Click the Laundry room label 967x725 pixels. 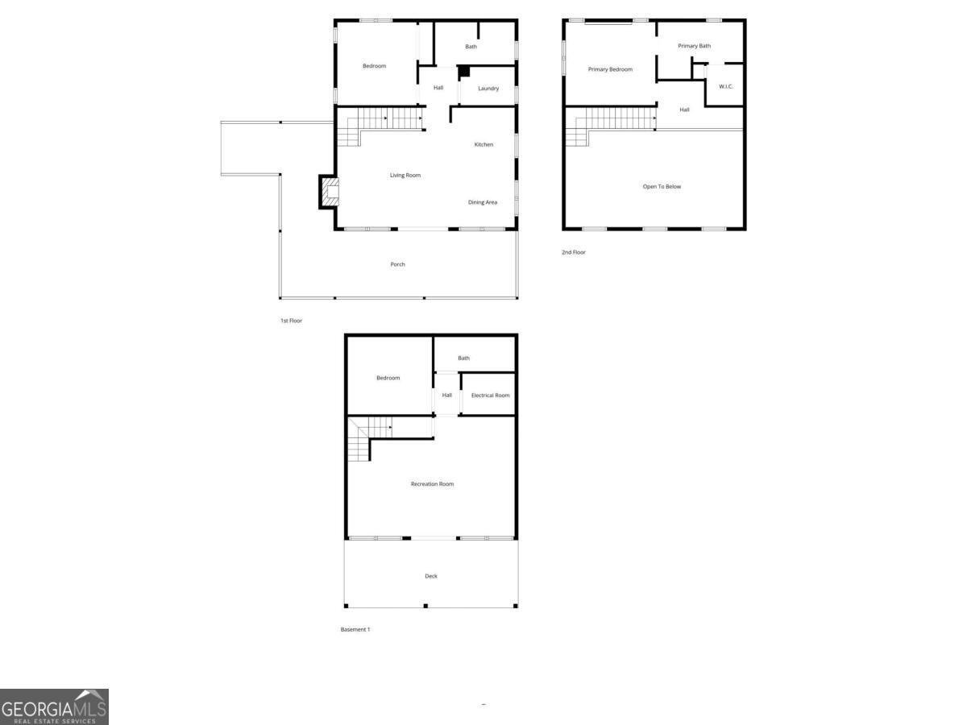(x=488, y=89)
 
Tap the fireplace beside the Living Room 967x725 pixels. (x=329, y=192)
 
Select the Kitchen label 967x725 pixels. (x=483, y=144)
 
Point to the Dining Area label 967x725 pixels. (x=483, y=202)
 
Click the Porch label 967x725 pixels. (x=397, y=264)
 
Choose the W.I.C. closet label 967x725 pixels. (x=725, y=87)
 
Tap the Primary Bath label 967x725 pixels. (x=694, y=46)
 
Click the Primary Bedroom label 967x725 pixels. (x=610, y=69)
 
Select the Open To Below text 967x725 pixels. (x=662, y=187)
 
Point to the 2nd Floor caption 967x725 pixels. (x=574, y=252)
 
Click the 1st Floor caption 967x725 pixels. (x=291, y=321)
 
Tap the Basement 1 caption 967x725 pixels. (x=355, y=629)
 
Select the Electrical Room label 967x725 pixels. (x=490, y=396)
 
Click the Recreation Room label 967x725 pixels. (x=432, y=484)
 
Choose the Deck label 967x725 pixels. (x=431, y=576)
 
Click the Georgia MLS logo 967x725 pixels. (x=54, y=706)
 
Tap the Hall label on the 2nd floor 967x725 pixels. (x=684, y=110)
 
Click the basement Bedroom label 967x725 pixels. (x=388, y=378)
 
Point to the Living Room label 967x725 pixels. (x=405, y=175)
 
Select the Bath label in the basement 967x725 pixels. (x=463, y=358)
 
